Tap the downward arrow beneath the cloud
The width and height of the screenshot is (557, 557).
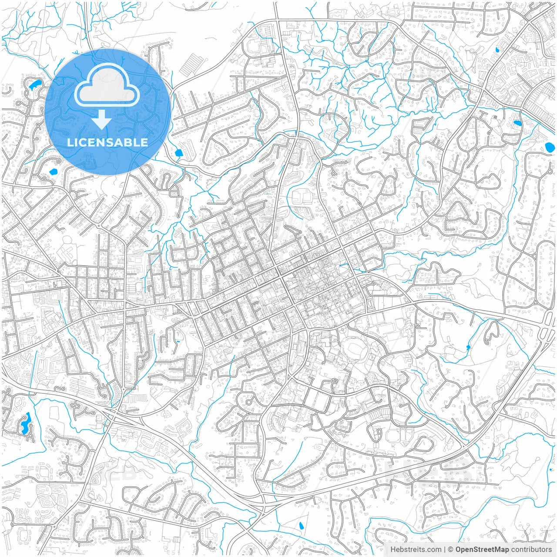point(102,119)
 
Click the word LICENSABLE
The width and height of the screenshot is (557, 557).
point(107,142)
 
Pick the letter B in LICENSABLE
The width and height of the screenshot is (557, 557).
point(129,142)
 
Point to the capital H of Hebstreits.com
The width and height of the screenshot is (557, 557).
point(393,550)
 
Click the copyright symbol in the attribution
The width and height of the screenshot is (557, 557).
point(451,550)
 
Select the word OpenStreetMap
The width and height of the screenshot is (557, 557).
point(482,550)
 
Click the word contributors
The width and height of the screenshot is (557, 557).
point(531,550)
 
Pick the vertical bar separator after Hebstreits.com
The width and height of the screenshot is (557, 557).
point(445,550)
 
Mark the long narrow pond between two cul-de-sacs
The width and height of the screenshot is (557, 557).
point(25,423)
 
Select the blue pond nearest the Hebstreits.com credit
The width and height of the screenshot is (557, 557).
point(301,526)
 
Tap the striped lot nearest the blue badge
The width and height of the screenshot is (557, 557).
point(188,66)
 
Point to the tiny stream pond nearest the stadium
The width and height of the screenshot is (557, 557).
point(468,347)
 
